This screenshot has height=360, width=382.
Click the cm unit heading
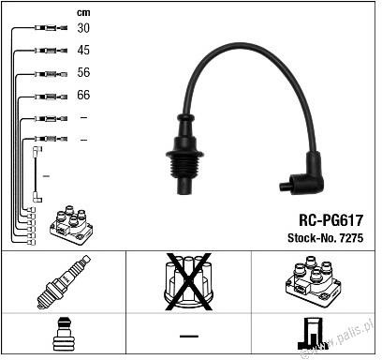83,12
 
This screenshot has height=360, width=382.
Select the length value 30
83,28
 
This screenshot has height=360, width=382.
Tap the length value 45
83,50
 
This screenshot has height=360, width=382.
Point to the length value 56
83,72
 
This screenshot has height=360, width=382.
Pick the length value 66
83,95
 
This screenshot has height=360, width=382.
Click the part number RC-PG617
331,220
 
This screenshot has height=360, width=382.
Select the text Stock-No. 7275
325,238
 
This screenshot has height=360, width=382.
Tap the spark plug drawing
64,282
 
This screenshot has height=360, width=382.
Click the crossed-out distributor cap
188,282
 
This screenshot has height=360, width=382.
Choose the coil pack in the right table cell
313,281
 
